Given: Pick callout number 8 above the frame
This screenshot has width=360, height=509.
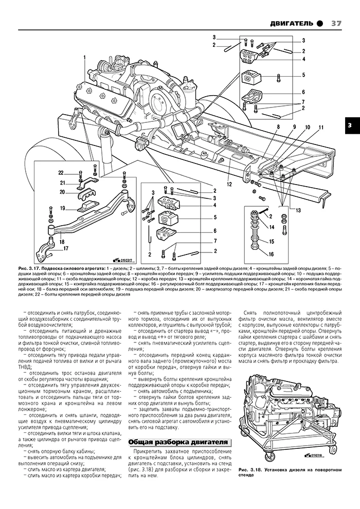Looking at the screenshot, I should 278,126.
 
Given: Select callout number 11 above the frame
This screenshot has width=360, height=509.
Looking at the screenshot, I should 320,126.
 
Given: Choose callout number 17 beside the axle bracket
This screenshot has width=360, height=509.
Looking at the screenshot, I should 66,248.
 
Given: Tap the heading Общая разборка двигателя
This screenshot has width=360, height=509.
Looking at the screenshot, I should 177,442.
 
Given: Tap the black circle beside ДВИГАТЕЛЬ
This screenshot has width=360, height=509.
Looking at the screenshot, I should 320,23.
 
